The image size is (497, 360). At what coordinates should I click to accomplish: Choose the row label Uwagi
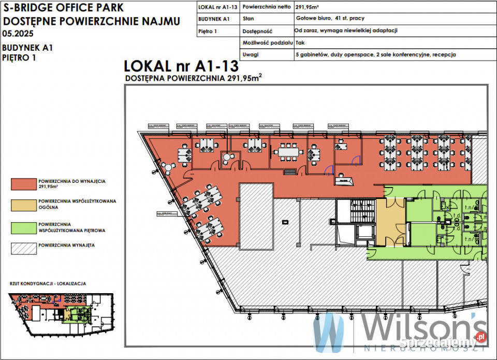tap(251, 54)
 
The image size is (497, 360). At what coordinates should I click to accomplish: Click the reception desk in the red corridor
tap(344, 181)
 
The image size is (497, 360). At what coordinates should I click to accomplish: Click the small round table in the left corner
tap(169, 166)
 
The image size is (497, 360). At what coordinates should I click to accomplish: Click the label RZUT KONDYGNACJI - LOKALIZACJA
tap(48, 284)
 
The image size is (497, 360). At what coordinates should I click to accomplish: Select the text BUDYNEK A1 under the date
tap(28, 48)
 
